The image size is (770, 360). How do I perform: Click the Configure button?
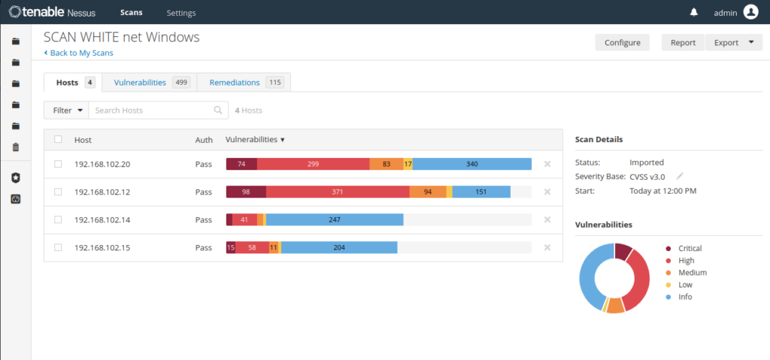coord(622,42)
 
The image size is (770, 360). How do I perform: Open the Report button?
coord(683,42)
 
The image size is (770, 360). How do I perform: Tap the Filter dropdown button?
coord(66,110)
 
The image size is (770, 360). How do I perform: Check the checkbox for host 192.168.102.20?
coord(58,164)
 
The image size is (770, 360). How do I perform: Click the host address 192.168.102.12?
coord(102,192)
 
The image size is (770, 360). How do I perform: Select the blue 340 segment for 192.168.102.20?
coord(472,164)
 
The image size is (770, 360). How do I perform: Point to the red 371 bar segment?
coord(338,192)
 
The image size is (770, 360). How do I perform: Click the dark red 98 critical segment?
coord(246,192)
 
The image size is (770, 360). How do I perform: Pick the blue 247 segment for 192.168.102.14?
coord(335,219)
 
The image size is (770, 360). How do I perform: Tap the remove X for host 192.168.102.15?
coord(547,247)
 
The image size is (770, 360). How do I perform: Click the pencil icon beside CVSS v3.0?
coord(680,176)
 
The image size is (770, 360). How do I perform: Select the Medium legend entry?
coord(687,273)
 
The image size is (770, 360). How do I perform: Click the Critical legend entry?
coord(684,249)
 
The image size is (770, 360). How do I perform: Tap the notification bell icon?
coord(694,12)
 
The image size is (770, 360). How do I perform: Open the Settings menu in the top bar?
coord(181,13)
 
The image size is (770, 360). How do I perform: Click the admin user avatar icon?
coord(751,12)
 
